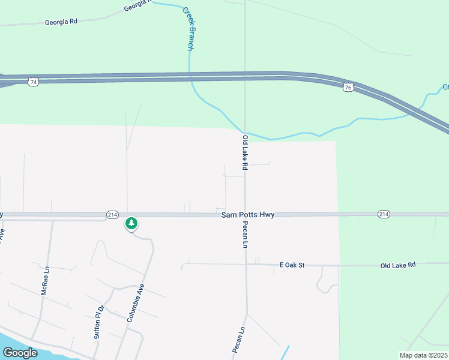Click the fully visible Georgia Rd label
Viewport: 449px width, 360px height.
coord(61,22)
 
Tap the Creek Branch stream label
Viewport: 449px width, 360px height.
coord(189,29)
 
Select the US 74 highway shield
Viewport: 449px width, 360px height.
coord(34,82)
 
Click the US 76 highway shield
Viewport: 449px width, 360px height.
coord(348,88)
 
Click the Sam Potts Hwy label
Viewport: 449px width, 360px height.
coord(248,214)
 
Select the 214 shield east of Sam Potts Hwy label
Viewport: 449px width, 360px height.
coord(384,214)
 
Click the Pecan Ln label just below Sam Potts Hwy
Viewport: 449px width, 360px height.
coord(245,235)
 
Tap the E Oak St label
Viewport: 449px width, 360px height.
coord(292,265)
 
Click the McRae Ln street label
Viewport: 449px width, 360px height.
coord(44,281)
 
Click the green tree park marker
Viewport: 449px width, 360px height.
coord(131,224)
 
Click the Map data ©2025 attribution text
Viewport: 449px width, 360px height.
coord(423,355)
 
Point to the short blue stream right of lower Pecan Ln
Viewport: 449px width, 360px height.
coord(285,353)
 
